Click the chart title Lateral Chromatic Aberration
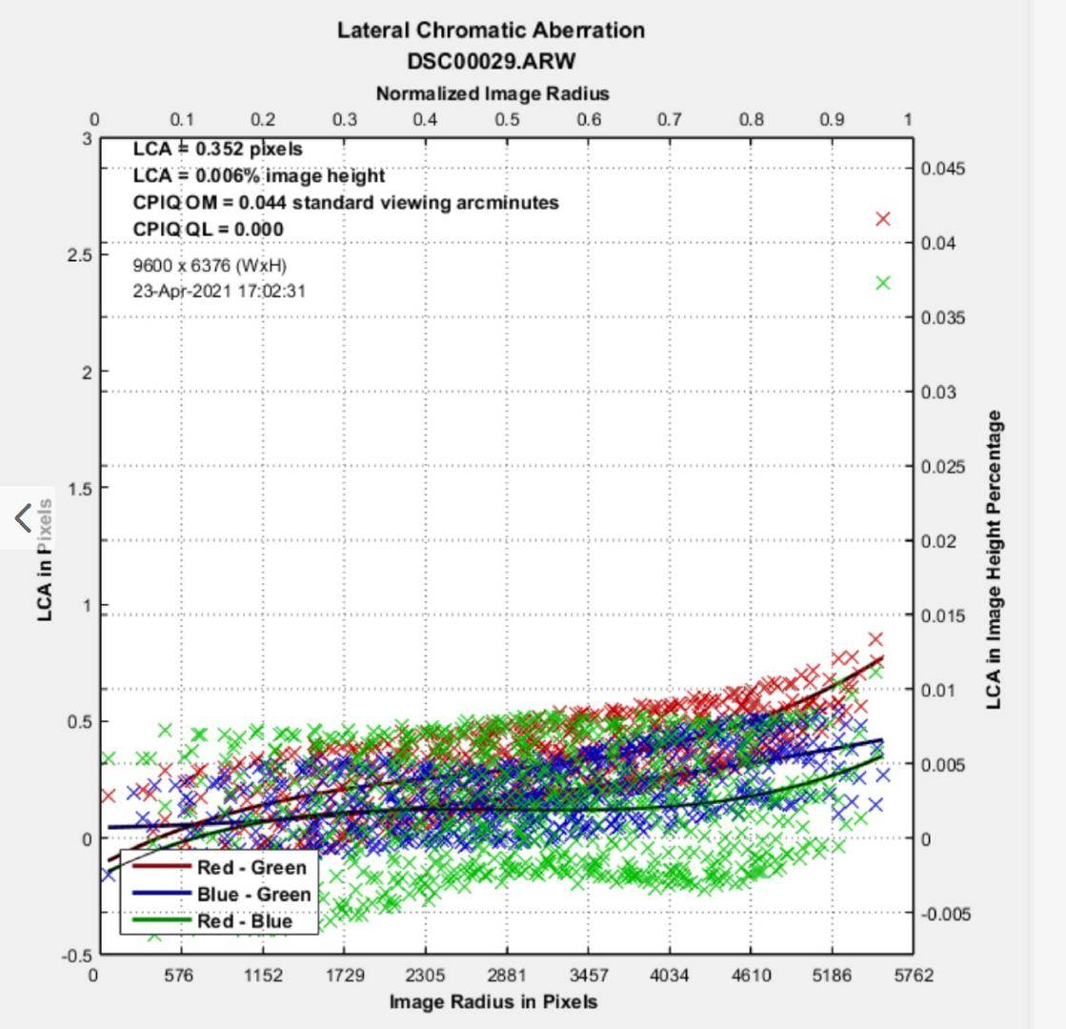click(491, 30)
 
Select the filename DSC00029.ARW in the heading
click(491, 61)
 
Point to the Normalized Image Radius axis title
click(492, 93)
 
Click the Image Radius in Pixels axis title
click(493, 1001)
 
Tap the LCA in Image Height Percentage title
click(994, 560)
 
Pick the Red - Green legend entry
click(251, 868)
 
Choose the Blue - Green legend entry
click(253, 895)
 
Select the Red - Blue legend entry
click(244, 921)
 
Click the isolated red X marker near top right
click(883, 219)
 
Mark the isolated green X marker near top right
click(883, 283)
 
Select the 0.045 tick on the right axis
click(943, 169)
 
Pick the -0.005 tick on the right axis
click(945, 914)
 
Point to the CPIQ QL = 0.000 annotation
click(208, 230)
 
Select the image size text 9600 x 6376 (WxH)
click(209, 265)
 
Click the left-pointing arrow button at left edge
click(24, 518)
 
